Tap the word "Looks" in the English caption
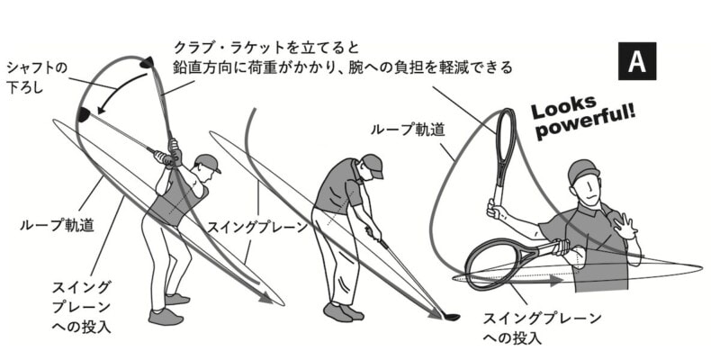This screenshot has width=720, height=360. pos(561,107)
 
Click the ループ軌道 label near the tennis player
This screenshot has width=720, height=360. pos(400,130)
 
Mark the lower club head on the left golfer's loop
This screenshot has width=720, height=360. pos(83,113)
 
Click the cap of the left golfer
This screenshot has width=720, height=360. pos(207,162)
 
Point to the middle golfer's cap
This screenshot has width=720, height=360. pos(371,163)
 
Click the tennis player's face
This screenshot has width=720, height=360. pos(587,190)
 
